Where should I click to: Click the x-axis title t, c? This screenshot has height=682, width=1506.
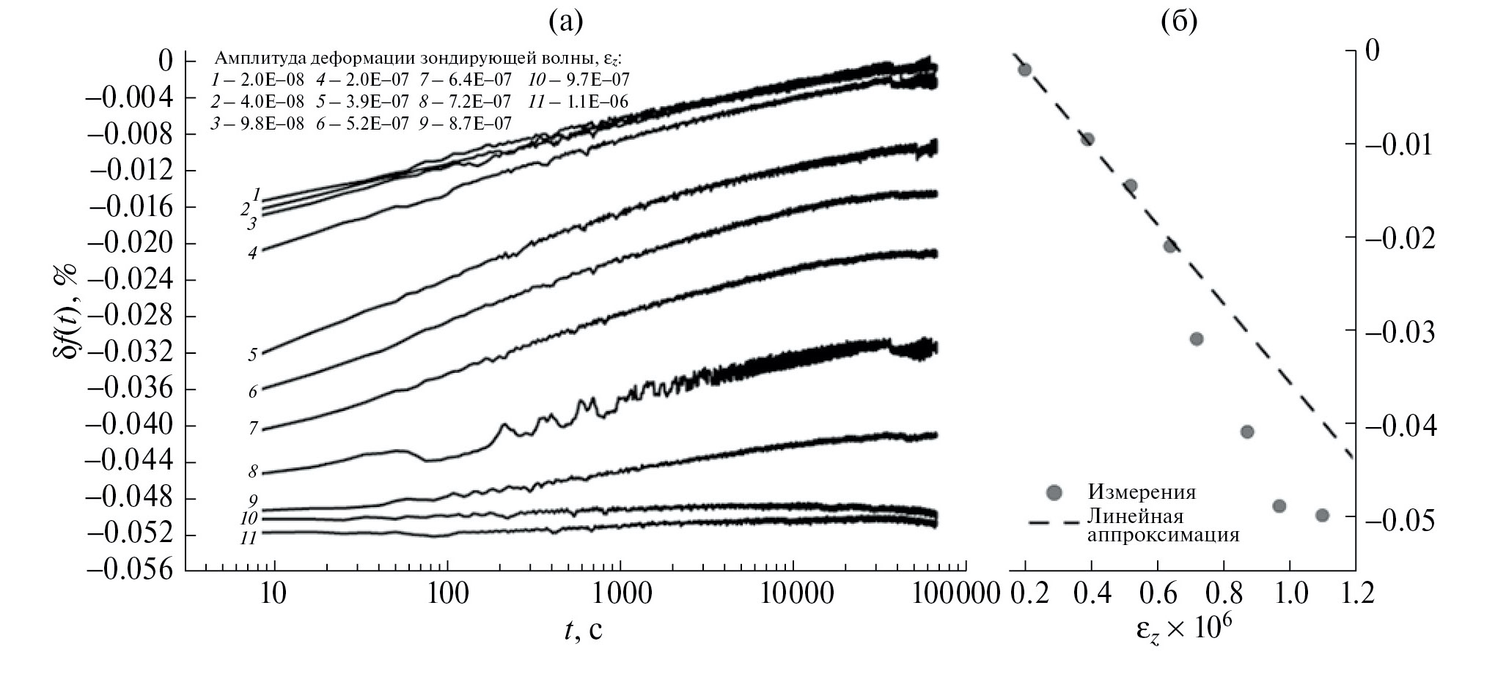[x=584, y=629]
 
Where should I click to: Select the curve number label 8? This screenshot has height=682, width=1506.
[x=254, y=472]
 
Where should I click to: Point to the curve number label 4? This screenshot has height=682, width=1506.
[x=253, y=253]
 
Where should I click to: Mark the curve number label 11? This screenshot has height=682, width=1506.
[x=249, y=538]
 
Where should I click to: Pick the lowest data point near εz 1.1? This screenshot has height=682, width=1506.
[x=1322, y=515]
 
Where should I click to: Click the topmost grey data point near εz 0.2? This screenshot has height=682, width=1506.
[x=1024, y=70]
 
